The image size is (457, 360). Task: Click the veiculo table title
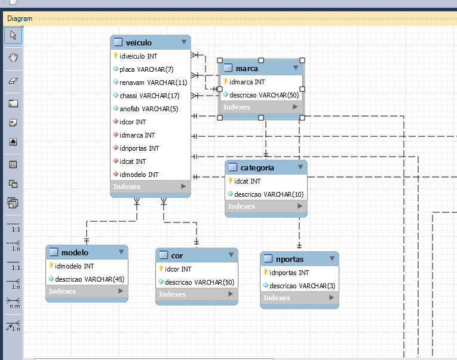(139, 42)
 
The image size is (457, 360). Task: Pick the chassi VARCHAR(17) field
(149, 96)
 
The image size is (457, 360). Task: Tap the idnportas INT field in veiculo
(139, 148)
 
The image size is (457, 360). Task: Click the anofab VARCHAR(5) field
(149, 109)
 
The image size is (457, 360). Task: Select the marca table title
(247, 69)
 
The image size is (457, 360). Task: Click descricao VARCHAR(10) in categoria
(269, 194)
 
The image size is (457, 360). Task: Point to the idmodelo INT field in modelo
(74, 266)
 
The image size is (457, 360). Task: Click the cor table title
(177, 256)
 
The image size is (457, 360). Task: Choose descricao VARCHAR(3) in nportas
(302, 286)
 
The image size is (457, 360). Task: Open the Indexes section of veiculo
(151, 187)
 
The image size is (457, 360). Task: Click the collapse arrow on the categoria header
(300, 167)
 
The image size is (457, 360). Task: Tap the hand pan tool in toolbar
(13, 58)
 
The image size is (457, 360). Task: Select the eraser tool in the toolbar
(13, 81)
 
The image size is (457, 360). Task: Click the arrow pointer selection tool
(13, 35)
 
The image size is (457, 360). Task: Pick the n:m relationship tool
(13, 303)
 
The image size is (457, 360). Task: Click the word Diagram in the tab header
(20, 19)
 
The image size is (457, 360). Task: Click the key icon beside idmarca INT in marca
(225, 81)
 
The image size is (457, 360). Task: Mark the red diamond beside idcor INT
(116, 121)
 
